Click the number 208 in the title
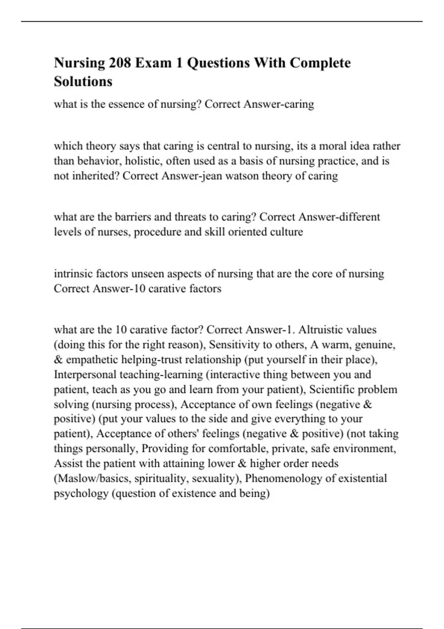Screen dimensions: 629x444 click(x=120, y=63)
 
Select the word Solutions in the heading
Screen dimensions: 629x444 click(x=83, y=81)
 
